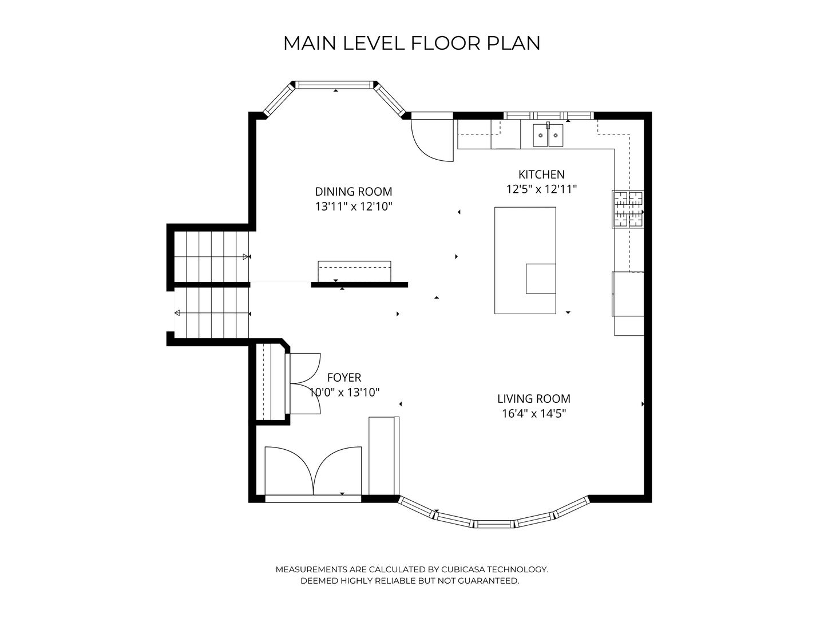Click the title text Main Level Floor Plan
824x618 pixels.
tap(412, 43)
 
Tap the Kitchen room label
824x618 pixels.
tap(541, 175)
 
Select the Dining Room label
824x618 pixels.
tap(354, 192)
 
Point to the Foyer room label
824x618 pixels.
tap(344, 378)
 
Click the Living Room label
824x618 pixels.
tap(534, 398)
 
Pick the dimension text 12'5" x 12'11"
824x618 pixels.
tap(541, 189)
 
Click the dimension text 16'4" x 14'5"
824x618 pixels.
tap(534, 414)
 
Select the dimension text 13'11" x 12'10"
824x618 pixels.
tap(354, 207)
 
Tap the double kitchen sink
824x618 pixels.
tap(548, 135)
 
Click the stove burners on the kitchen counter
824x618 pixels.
tap(628, 209)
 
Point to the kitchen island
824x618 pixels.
tap(525, 260)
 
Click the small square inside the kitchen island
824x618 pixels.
tap(541, 279)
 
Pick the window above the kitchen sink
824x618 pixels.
tap(548, 116)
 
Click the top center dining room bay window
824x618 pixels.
tap(335, 85)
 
